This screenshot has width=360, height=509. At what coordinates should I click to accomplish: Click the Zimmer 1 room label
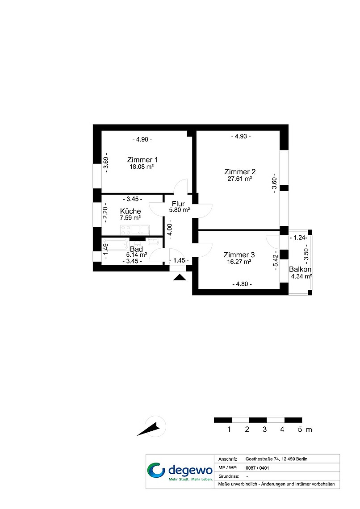pyautogui.click(x=142, y=160)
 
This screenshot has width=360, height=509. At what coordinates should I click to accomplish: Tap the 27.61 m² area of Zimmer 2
pyautogui.click(x=239, y=179)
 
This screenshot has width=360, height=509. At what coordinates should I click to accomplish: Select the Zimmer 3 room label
pyautogui.click(x=239, y=255)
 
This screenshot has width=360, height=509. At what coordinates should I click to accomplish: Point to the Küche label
pyautogui.click(x=130, y=211)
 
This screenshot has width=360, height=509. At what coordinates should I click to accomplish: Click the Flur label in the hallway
pyautogui.click(x=178, y=204)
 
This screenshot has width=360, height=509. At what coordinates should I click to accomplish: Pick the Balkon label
pyautogui.click(x=300, y=269)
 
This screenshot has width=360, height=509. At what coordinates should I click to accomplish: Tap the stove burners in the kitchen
pyautogui.click(x=126, y=230)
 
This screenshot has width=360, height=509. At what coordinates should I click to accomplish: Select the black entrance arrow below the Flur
pyautogui.click(x=180, y=277)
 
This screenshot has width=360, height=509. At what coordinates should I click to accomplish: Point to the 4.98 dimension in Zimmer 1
pyautogui.click(x=142, y=139)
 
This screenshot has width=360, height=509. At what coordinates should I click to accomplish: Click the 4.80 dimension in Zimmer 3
pyautogui.click(x=242, y=284)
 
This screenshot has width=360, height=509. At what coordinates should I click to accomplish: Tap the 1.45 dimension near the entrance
pyautogui.click(x=179, y=260)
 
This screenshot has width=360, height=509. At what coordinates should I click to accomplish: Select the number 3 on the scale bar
pyautogui.click(x=264, y=430)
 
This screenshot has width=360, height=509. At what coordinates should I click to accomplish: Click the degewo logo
pyautogui.click(x=180, y=471)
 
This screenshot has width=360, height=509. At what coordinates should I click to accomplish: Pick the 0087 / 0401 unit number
pyautogui.click(x=257, y=468)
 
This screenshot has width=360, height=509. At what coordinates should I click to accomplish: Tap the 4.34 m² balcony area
pyautogui.click(x=301, y=276)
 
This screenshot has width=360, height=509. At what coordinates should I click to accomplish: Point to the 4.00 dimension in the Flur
pyautogui.click(x=169, y=230)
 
